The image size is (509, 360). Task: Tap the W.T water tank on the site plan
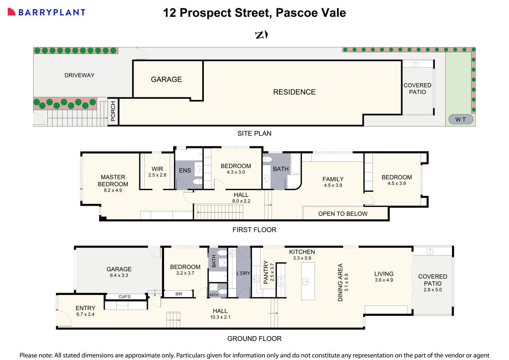coord(461,119)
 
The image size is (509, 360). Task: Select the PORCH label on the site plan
coord(113,111)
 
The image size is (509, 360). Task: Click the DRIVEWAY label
coord(80,75)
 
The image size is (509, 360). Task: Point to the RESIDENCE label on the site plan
coord(294,92)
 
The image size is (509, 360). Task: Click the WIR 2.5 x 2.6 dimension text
coord(157,175)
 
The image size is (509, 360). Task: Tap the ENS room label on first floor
coord(184,171)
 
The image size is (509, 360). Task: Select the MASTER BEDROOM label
coord(113,180)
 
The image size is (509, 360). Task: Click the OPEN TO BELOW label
coord(343,214)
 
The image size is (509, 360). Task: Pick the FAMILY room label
coord(333,179)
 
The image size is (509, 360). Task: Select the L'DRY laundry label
coord(244,273)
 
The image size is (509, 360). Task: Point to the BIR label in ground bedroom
coord(178,294)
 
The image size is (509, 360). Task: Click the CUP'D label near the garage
coord(125,297)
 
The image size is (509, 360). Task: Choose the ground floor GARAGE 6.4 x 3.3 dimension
coord(119,275)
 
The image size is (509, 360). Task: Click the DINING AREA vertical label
coord(340,283)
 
